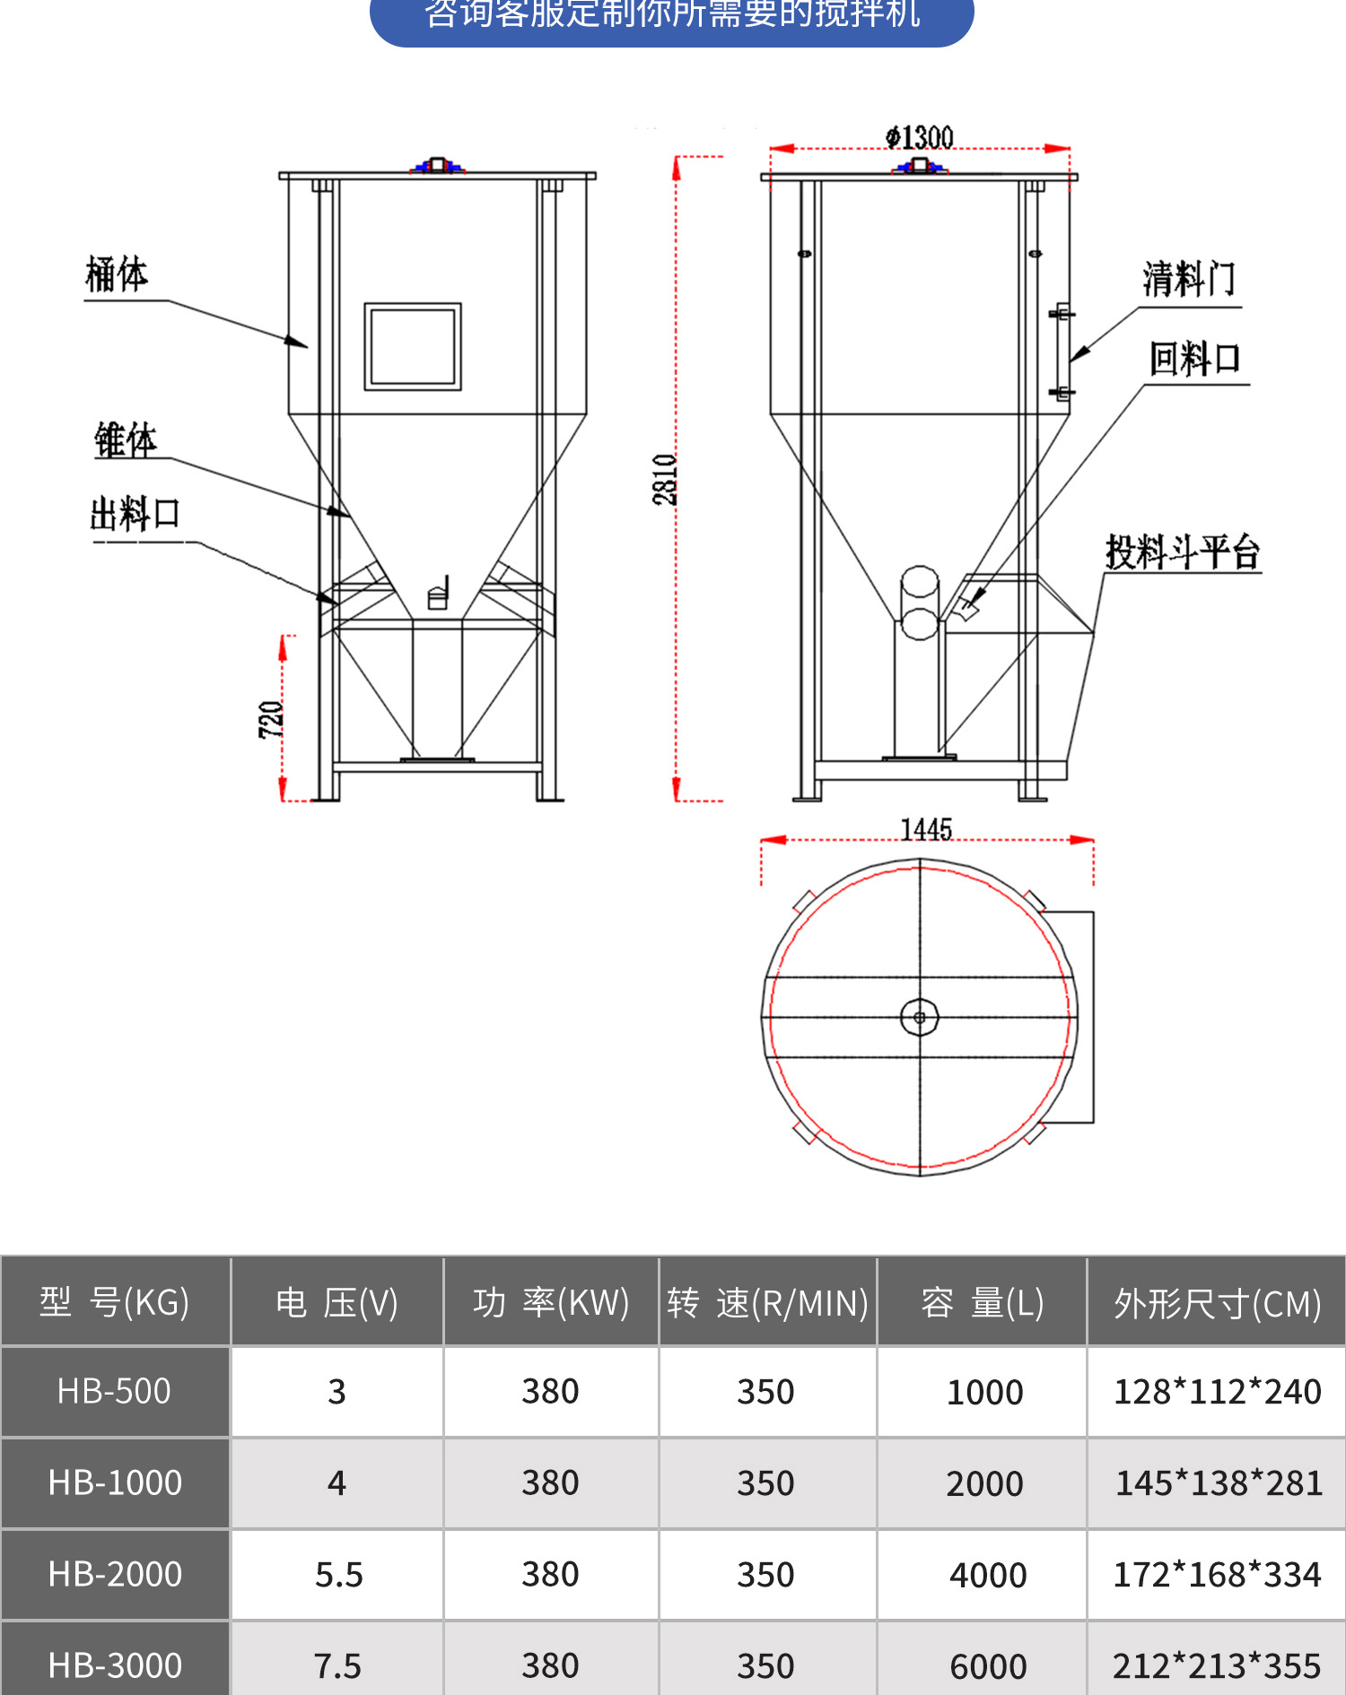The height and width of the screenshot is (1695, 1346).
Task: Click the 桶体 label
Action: [117, 274]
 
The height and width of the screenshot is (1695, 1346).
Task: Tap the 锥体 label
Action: [126, 440]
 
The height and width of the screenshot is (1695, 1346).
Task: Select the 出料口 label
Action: [135, 514]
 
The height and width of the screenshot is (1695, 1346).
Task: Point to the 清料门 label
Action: [1189, 279]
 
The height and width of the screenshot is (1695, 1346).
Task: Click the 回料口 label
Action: [1195, 359]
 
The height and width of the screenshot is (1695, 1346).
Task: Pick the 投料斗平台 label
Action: [1182, 552]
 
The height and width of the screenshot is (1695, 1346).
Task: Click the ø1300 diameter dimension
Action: [919, 137]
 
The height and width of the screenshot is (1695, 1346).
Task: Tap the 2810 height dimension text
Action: [665, 479]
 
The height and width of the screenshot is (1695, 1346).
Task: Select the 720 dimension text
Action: [271, 719]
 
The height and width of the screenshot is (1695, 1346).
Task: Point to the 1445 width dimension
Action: [926, 830]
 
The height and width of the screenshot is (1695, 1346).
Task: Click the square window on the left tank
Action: [413, 346]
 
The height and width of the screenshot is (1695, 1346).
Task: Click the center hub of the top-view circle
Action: [919, 1017]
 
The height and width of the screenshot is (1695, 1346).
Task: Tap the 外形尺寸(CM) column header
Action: [1217, 1303]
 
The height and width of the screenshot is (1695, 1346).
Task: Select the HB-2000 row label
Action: [115, 1575]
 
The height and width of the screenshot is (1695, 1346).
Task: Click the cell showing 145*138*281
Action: [1218, 1483]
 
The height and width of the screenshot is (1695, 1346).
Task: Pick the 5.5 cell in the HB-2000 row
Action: [338, 1575]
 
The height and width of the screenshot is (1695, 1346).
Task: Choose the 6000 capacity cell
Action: [987, 1666]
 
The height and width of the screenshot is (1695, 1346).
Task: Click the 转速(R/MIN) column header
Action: [767, 1303]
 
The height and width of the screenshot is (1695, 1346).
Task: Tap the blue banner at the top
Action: [671, 18]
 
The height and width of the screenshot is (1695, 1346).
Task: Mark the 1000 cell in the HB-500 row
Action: [984, 1392]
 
